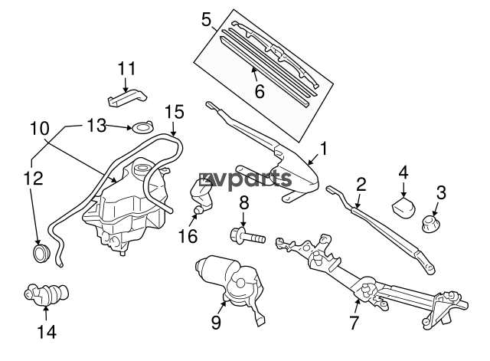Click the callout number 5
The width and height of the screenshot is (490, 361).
[207, 20]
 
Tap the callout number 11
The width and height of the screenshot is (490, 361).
[127, 68]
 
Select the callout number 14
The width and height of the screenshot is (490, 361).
[47, 332]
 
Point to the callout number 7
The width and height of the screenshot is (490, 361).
[354, 322]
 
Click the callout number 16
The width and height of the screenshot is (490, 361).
[188, 235]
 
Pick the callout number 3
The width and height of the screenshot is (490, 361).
[441, 192]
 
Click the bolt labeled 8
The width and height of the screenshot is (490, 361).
[247, 236]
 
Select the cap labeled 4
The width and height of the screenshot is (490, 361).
[403, 207]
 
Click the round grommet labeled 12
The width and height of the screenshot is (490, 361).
[41, 254]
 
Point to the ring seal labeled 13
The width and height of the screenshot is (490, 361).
[142, 127]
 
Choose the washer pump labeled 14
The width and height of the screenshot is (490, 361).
[47, 295]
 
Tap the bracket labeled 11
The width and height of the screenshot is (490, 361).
[128, 97]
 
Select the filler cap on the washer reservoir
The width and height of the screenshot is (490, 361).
[141, 169]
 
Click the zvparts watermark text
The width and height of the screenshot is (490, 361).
[245, 179]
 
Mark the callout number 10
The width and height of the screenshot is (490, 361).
[40, 129]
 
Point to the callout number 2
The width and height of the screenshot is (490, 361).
[361, 184]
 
